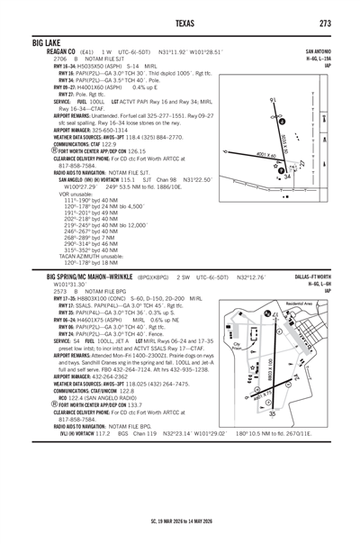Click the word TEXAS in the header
[x=180, y=22]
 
